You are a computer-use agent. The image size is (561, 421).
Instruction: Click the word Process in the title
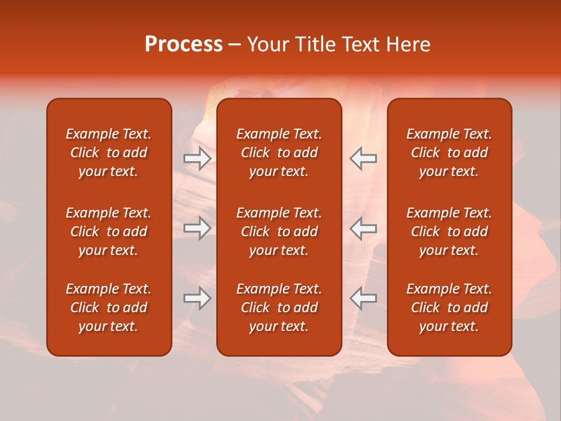pyautogui.click(x=183, y=44)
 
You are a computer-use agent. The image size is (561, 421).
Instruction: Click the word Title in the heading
pyautogui.click(x=314, y=44)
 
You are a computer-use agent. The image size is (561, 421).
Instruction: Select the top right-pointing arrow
pyautogui.click(x=197, y=158)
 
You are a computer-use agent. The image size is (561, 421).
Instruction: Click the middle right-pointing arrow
pyautogui.click(x=197, y=228)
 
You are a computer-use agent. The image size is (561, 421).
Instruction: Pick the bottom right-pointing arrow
pyautogui.click(x=197, y=298)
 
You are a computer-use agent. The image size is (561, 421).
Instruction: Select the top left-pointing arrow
pyautogui.click(x=363, y=158)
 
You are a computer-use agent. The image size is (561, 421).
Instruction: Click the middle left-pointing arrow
pyautogui.click(x=363, y=228)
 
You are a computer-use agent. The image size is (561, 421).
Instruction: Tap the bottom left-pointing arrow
pyautogui.click(x=363, y=298)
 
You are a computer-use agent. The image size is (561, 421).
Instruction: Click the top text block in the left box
pyautogui.click(x=109, y=153)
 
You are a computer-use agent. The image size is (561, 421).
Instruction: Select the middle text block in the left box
pyautogui.click(x=109, y=232)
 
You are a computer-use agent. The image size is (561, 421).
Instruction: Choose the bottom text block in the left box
pyautogui.click(x=109, y=308)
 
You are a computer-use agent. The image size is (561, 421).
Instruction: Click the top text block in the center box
pyautogui.click(x=279, y=153)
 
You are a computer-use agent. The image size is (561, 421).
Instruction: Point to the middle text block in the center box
pyautogui.click(x=279, y=232)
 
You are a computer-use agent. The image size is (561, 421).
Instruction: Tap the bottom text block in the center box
pyautogui.click(x=279, y=308)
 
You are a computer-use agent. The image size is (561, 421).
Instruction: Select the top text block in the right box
pyautogui.click(x=449, y=153)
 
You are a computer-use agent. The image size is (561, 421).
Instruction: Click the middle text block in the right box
pyautogui.click(x=449, y=232)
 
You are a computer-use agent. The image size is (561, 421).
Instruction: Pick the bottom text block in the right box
pyautogui.click(x=449, y=308)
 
